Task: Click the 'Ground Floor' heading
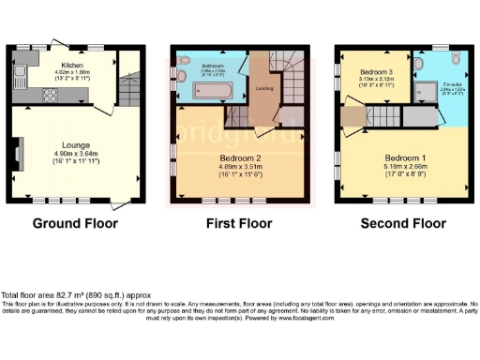[72, 224]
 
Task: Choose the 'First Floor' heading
[238, 224]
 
